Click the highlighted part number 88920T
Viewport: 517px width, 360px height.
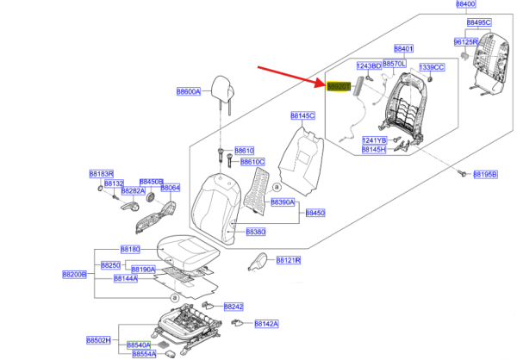point(339,85)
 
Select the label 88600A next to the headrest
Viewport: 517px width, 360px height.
point(188,91)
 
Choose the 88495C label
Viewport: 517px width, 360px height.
point(478,22)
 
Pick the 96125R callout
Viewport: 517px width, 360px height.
point(466,41)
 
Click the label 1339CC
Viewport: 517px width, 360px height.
point(432,67)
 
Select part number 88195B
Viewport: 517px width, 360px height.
point(484,174)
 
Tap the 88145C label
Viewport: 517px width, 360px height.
point(304,115)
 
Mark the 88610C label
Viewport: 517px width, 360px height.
point(252,162)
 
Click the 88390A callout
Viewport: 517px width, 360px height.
point(283,202)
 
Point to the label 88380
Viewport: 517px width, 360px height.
point(256,232)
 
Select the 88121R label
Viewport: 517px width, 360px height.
point(288,259)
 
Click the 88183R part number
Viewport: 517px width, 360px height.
point(101,174)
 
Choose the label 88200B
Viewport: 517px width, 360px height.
point(75,274)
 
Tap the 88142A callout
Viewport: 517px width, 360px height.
point(266,324)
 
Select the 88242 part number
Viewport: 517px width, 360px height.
point(234,306)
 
